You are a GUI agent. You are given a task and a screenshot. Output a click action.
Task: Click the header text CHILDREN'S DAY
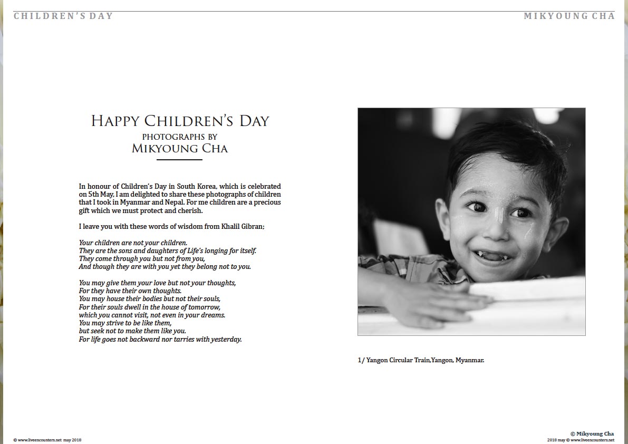coord(63,16)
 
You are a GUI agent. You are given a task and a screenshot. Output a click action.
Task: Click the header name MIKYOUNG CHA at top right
coord(569,16)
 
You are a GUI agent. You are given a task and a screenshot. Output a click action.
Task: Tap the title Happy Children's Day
coord(180,121)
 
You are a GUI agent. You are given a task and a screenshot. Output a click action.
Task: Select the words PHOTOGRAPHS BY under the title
coord(180,137)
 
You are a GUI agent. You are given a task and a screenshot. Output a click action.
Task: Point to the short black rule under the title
coord(180,159)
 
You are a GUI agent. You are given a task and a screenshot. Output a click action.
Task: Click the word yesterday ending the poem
coord(225,340)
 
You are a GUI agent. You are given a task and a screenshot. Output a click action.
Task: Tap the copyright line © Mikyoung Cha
coord(592,433)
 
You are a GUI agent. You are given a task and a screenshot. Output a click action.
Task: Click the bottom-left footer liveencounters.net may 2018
coord(47,440)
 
